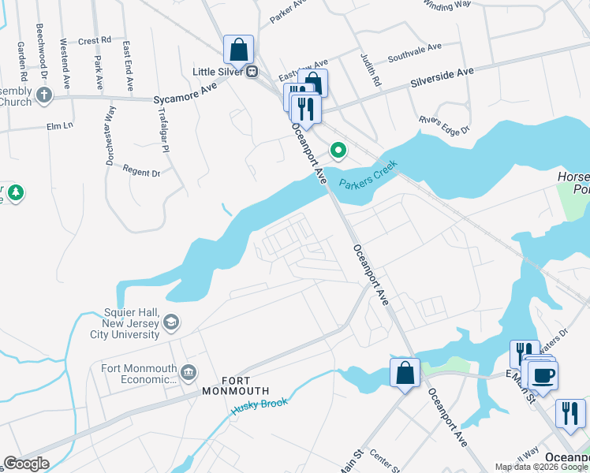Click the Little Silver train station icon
click(252, 72)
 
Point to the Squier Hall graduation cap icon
click(171, 322)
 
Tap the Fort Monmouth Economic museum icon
click(189, 372)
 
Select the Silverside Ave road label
click(441, 76)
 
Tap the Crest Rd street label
click(95, 40)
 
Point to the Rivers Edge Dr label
click(445, 125)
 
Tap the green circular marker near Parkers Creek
click(339, 149)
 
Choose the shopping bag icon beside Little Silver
click(238, 50)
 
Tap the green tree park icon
click(15, 192)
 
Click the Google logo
click(26, 464)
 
